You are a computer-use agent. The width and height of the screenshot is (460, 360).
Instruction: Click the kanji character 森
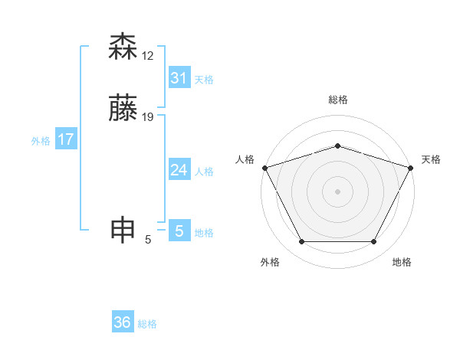[x=123, y=47]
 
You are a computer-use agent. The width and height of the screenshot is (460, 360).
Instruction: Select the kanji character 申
[x=123, y=230]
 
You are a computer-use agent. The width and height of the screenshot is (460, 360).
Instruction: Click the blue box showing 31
[x=179, y=78]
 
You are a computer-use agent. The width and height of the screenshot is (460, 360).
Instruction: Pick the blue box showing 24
[x=179, y=170]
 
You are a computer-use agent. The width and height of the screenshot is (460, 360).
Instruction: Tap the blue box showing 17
[x=66, y=139]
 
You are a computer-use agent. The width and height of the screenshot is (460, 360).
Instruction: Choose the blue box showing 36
[x=123, y=322]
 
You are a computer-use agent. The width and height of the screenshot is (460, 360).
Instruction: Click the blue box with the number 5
[x=179, y=231]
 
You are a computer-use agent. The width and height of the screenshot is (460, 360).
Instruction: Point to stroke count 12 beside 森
[x=148, y=56]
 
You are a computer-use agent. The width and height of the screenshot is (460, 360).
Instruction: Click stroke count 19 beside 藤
[x=148, y=117]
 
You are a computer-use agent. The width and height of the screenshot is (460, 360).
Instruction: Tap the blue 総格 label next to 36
[x=147, y=324]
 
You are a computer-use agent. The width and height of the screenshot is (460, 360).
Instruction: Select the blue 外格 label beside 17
[x=41, y=141]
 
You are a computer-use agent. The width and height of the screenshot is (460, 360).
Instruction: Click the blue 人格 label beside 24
[x=205, y=172]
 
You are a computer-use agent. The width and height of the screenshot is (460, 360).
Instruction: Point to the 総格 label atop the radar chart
[x=337, y=100]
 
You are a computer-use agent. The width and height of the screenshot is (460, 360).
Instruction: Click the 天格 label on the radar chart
[x=431, y=159]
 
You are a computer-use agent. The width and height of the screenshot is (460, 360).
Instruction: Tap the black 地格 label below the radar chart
[x=402, y=262]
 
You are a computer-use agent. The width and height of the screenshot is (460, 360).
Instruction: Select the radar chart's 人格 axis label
[x=245, y=159]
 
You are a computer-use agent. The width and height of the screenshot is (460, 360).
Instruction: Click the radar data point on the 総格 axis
[x=337, y=145]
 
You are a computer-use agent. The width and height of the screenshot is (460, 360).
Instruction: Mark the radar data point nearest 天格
[x=411, y=167]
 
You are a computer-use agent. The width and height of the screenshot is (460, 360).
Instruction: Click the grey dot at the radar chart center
[x=337, y=191]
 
